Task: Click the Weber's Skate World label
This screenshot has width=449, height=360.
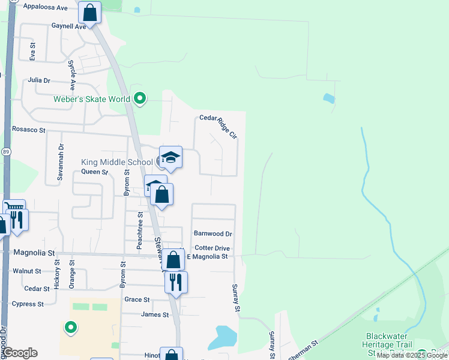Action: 92,99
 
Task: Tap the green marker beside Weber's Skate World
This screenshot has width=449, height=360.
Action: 140,98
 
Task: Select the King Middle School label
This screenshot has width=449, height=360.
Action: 117,162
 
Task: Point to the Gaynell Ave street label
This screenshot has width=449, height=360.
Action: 69,26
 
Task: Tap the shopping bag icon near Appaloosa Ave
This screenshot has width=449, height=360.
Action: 90,12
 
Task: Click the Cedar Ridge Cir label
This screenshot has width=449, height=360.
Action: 219,126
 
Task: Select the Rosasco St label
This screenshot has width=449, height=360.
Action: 29,130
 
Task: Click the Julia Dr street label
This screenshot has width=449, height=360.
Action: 39,80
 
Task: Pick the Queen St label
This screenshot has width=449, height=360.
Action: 94,172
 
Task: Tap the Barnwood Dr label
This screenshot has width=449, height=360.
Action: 212,233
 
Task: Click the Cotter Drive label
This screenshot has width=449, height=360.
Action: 212,248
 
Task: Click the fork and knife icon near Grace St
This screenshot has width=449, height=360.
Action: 175,282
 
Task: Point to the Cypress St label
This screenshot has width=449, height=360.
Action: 28,304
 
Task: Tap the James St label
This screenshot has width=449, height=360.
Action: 155,314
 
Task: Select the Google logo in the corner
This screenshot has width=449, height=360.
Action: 20,353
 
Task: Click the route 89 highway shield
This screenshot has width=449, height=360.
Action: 6,152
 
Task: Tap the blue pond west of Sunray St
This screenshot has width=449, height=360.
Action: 223,337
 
